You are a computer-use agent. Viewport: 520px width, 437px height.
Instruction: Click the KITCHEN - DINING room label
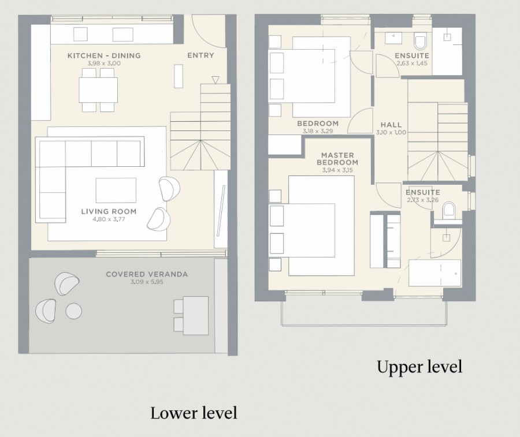pyautogui.click(x=104, y=55)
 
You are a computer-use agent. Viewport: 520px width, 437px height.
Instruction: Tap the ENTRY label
pyautogui.click(x=200, y=55)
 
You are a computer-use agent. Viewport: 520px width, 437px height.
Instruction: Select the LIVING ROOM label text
pyautogui.click(x=109, y=211)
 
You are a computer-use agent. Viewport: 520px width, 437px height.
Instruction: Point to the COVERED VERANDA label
pyautogui.click(x=147, y=274)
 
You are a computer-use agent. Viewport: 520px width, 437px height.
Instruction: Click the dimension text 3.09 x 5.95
pyautogui.click(x=147, y=282)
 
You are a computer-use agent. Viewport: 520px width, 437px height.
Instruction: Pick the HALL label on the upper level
pyautogui.click(x=391, y=125)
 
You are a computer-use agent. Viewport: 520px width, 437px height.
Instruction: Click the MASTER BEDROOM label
pyautogui.click(x=337, y=159)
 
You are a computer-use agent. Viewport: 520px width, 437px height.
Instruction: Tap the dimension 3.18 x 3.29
pyautogui.click(x=318, y=131)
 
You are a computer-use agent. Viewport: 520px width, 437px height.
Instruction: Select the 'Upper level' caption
pyautogui.click(x=419, y=367)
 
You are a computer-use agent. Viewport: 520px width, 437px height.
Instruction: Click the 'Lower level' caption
pyautogui.click(x=194, y=413)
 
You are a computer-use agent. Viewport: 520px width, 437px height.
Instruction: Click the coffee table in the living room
pyautogui.click(x=116, y=190)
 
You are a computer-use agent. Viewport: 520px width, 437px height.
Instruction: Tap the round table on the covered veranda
pyautogui.click(x=73, y=311)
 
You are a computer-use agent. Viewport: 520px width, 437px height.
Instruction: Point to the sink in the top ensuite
pyautogui.click(x=393, y=38)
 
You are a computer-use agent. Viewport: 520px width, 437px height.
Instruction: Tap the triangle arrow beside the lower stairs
pyautogui.click(x=216, y=80)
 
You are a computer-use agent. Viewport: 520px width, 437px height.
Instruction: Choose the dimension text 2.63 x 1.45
pyautogui.click(x=412, y=64)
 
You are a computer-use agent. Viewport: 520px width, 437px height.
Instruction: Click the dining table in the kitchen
pyautogui.click(x=98, y=90)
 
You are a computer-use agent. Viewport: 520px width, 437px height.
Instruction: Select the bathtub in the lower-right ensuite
pyautogui.click(x=434, y=273)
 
